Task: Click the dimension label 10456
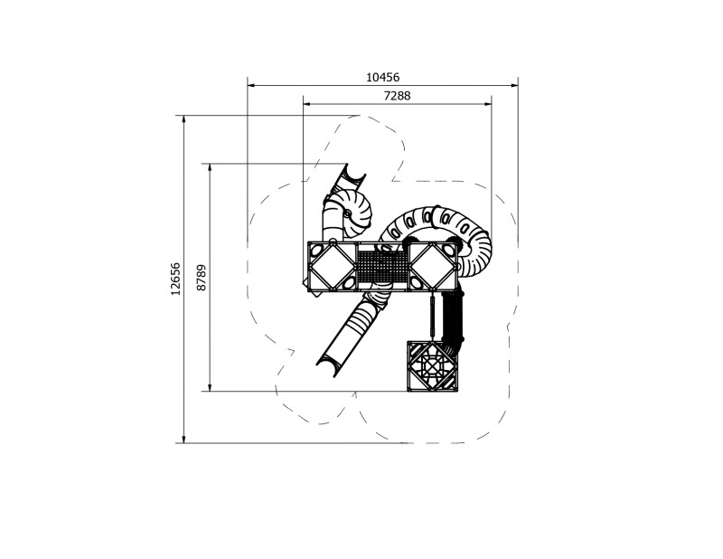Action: (382, 78)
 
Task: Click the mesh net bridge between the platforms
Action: (384, 266)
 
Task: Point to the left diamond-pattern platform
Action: (332, 266)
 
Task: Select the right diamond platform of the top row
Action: (436, 266)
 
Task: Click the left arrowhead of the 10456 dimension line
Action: (250, 86)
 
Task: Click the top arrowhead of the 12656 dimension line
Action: (184, 118)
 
